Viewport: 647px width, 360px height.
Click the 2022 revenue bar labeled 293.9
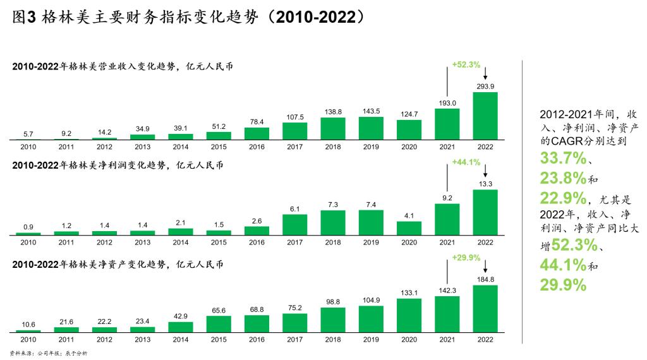485,116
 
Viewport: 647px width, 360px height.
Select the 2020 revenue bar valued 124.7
409,129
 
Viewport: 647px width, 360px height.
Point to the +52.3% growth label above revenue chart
466,64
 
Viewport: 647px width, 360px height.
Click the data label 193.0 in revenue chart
447,103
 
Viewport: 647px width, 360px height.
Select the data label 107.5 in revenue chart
295,117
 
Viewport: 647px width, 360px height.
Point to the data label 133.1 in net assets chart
409,292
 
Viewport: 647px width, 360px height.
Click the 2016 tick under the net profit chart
257,243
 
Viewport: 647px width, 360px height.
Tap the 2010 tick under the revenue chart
28,146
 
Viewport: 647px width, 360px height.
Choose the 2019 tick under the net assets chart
371,339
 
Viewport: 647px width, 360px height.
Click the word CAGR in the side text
566,142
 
